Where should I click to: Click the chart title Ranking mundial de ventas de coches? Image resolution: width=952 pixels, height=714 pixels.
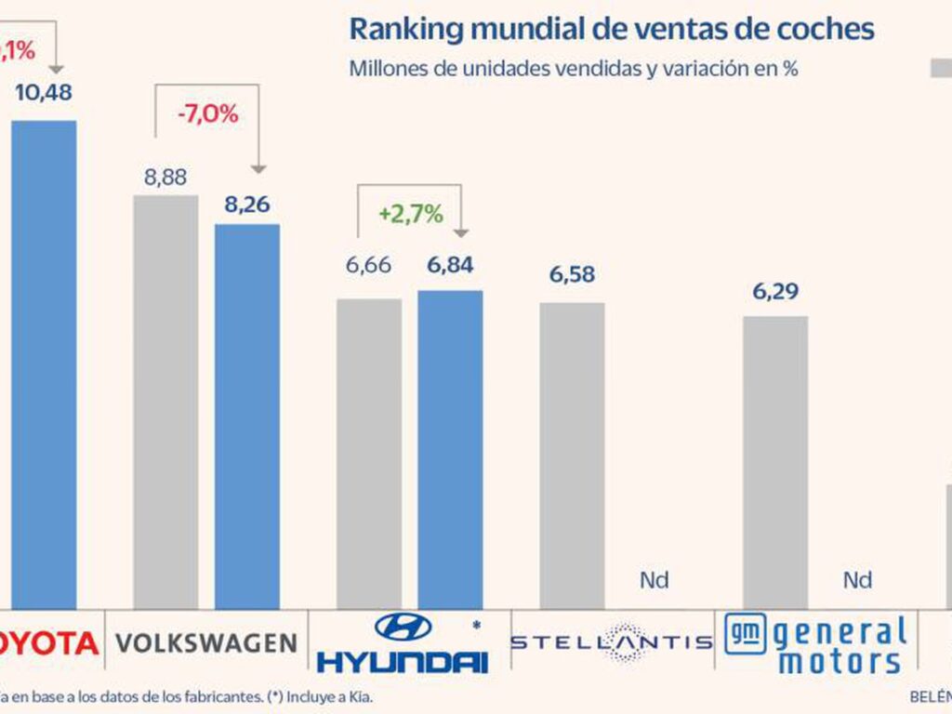[x=611, y=28]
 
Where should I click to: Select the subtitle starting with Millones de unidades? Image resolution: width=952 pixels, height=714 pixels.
[x=574, y=70]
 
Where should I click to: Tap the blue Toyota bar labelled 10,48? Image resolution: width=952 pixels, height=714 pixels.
[x=44, y=363]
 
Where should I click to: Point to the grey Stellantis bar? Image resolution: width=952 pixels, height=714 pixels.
[x=572, y=456]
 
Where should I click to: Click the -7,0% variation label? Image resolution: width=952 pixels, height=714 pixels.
[x=207, y=114]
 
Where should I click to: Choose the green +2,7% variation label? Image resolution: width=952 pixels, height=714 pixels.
[x=410, y=214]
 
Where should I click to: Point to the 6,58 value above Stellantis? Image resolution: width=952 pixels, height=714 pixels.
[x=571, y=275]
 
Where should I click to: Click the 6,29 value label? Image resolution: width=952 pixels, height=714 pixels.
[x=775, y=291]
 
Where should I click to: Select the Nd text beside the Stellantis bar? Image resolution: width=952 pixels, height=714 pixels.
[x=654, y=580]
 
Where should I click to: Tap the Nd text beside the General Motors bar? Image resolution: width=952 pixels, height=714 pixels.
[x=857, y=580]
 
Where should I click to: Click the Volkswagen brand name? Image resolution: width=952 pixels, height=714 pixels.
[x=205, y=641]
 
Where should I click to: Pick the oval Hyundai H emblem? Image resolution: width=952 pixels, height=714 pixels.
[x=403, y=627]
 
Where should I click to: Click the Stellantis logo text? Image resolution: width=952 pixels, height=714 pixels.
[x=611, y=641]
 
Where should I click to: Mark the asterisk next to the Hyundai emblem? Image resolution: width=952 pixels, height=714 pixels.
[x=477, y=625]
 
